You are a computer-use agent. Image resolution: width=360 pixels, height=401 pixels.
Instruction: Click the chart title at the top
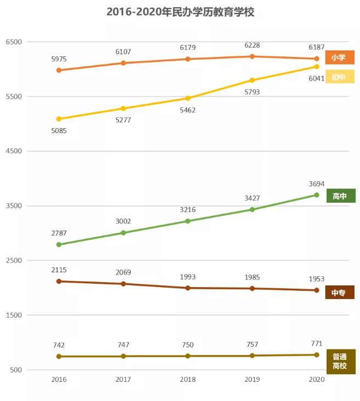[x=180, y=12]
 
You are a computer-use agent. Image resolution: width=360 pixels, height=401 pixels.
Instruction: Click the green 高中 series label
[x=340, y=196]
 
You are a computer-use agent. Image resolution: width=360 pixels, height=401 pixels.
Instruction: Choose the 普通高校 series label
[x=340, y=362]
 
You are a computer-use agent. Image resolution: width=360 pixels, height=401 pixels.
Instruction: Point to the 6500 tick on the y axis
[x=13, y=42]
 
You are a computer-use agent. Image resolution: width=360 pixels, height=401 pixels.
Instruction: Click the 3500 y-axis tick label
[x=13, y=206]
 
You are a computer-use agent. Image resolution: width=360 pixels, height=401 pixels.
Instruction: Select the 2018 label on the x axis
[x=187, y=379]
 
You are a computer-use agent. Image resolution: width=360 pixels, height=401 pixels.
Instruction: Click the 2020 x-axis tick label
[x=317, y=379]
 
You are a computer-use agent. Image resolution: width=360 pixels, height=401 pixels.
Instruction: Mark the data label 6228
[x=252, y=46]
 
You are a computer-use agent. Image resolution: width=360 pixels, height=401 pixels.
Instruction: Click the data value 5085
[x=59, y=131]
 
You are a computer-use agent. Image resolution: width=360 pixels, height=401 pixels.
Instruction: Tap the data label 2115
[x=59, y=270]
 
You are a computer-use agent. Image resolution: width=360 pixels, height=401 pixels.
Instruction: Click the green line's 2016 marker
[x=59, y=244]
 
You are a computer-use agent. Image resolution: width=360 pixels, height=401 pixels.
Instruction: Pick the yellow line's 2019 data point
[x=252, y=81]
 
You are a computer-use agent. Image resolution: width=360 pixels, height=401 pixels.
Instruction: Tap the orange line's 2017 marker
[x=123, y=63]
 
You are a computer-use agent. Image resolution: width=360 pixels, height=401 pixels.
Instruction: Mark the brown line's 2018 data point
[x=187, y=288]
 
